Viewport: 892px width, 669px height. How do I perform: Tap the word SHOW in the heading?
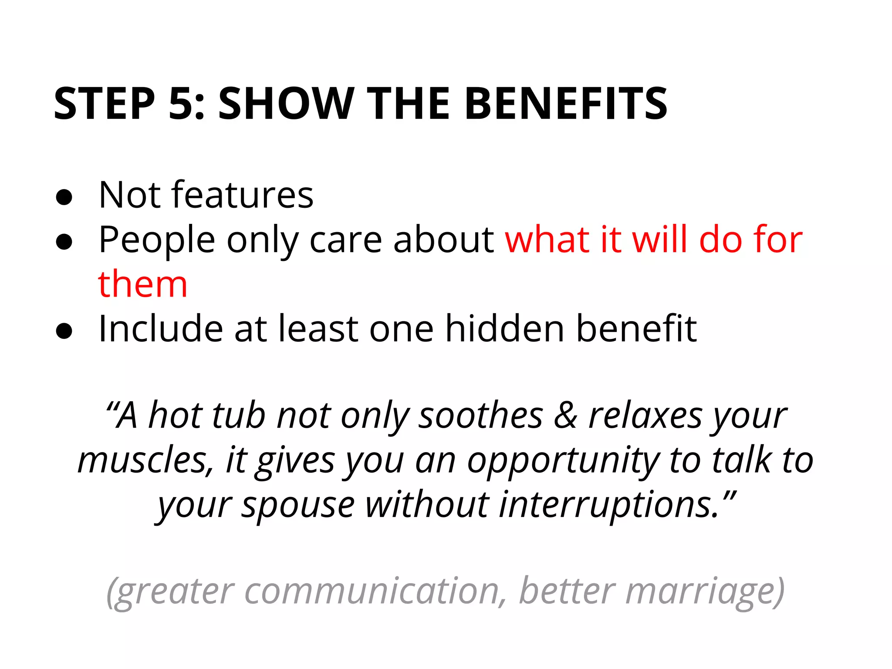pyautogui.click(x=285, y=104)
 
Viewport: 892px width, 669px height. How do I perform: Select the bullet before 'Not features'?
pyautogui.click(x=64, y=197)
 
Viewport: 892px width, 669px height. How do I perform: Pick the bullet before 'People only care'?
pyautogui.click(x=64, y=242)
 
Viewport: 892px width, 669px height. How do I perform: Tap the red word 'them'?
pyautogui.click(x=143, y=284)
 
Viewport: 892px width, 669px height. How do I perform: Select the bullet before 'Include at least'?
pyautogui.click(x=64, y=331)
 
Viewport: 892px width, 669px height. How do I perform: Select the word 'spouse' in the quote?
pyautogui.click(x=298, y=506)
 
